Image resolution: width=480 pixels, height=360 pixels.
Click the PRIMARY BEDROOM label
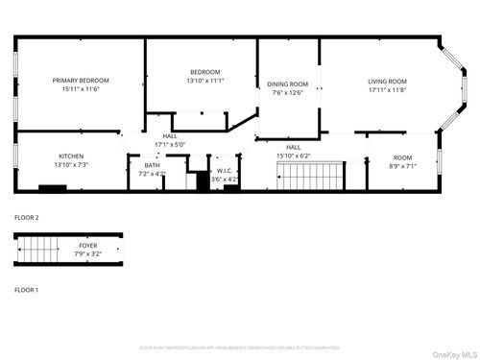(81, 80)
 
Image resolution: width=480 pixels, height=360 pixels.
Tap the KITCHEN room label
(71, 156)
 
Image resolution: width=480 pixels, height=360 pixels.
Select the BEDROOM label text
(205, 72)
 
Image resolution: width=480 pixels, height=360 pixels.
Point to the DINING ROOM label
(287, 84)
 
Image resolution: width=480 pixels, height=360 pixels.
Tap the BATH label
(153, 165)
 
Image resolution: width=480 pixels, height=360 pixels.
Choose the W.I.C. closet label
(225, 171)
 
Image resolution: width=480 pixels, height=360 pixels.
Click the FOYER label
(87, 246)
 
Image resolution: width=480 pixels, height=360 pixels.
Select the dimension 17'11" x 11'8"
(388, 89)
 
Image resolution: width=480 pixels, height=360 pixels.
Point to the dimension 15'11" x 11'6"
(81, 88)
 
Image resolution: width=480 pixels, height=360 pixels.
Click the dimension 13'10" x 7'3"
(71, 164)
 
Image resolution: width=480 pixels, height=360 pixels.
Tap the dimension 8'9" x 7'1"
(402, 164)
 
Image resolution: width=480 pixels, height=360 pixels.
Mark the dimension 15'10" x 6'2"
(293, 156)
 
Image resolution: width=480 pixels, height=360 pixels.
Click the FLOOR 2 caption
(26, 218)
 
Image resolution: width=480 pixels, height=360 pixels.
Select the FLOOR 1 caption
(26, 289)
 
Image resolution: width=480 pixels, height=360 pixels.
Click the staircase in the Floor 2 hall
(310, 177)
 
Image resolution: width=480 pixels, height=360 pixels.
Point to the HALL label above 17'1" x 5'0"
(170, 136)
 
